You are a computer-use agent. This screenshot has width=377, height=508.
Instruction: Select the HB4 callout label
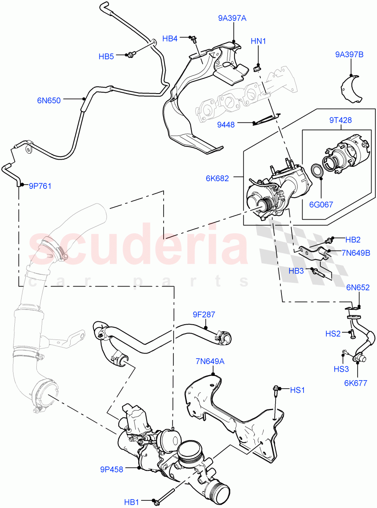tap(169, 39)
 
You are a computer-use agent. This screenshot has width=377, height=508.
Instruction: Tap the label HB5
tap(106, 56)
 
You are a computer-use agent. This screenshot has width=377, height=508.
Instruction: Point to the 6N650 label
tap(49, 100)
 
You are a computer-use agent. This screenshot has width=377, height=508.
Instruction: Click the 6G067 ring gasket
tap(316, 171)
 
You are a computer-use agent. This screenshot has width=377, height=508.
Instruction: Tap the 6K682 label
tap(217, 178)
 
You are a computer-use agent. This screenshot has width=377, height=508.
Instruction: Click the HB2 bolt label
tap(352, 240)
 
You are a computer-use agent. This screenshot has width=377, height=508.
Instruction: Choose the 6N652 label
tap(358, 287)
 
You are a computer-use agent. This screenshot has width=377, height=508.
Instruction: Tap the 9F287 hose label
tap(204, 315)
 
